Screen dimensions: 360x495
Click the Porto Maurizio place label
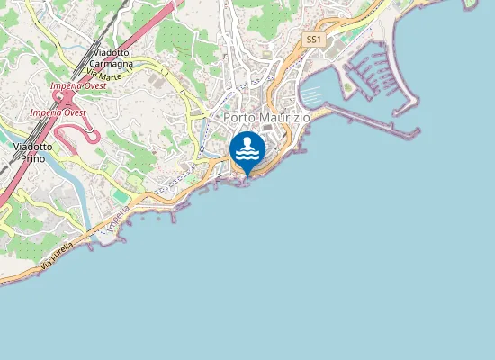(260, 118)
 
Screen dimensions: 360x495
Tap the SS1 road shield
(313, 40)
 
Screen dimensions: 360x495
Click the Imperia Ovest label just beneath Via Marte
(79, 85)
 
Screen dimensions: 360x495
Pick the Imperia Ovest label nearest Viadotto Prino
(57, 112)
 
